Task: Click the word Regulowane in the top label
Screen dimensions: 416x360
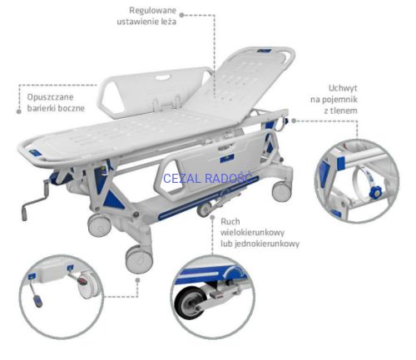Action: point(153,11)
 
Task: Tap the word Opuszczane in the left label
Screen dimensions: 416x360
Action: point(50,97)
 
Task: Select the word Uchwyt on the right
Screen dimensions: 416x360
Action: point(343,88)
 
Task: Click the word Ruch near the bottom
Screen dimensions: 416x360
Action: point(230,221)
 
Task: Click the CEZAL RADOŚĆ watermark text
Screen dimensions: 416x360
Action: point(208,179)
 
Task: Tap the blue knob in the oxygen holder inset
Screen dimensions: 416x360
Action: point(374,192)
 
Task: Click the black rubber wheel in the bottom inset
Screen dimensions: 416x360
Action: point(191,303)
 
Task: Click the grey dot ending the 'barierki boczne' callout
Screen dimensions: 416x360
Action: point(19,111)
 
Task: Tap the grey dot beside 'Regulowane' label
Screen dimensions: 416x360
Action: point(181,15)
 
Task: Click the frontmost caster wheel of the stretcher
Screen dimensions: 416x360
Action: point(139,259)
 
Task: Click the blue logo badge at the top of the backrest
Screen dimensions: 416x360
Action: point(264,51)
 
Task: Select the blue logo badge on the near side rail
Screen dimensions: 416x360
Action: point(227,160)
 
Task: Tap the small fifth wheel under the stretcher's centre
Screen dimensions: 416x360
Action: point(205,210)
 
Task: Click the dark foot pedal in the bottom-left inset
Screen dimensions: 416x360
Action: point(38,301)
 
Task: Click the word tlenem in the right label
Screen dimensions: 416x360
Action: point(340,111)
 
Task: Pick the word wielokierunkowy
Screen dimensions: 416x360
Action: point(252,233)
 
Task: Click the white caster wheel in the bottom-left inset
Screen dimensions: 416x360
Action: point(88,285)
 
